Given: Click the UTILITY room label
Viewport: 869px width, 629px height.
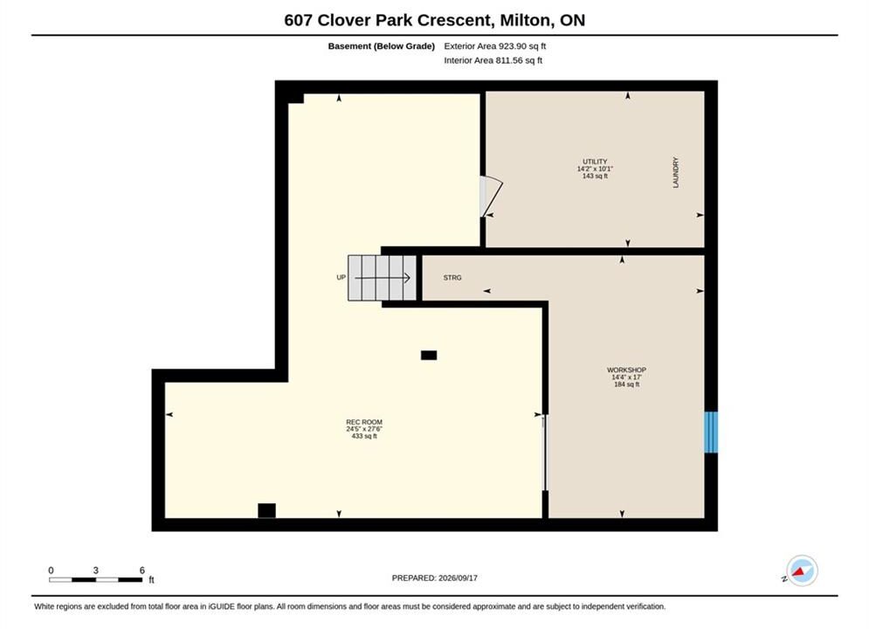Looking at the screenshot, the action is (595, 162).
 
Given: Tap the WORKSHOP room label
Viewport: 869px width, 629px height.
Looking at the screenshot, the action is (626, 370).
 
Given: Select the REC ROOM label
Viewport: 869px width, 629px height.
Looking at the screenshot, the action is (364, 422).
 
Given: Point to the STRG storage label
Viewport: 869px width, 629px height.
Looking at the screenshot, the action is (452, 278).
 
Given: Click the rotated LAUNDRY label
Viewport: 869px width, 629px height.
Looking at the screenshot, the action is (676, 172).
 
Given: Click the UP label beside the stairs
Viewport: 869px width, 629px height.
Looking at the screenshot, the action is (341, 277).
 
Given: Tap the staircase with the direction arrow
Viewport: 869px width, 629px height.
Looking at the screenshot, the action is (382, 278).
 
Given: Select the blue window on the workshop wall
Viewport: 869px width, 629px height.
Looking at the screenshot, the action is (711, 432).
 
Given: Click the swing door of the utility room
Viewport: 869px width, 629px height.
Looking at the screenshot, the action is (491, 197).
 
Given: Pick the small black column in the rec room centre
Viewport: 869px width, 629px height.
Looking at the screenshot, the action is (429, 356).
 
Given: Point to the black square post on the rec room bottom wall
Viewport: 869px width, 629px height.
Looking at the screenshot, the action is (266, 510).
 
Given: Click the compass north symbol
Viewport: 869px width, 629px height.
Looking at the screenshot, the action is (802, 570).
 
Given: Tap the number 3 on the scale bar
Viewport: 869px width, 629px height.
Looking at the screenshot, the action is (96, 570).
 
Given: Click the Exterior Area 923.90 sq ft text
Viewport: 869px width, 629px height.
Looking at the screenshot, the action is (495, 46).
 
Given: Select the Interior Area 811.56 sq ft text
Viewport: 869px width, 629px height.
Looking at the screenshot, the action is (493, 60).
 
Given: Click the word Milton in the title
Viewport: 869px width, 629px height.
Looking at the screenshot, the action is (525, 20).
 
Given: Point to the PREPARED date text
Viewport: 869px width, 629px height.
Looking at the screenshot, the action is (435, 577).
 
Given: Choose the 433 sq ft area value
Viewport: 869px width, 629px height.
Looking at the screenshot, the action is (364, 436).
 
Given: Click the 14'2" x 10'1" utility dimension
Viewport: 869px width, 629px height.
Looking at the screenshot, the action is (595, 169).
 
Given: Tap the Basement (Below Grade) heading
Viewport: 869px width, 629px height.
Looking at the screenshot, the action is (382, 46).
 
